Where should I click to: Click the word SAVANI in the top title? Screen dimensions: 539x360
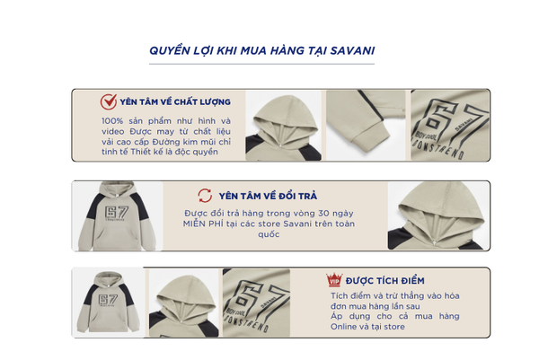[352, 51]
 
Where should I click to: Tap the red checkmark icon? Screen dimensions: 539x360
[109, 101]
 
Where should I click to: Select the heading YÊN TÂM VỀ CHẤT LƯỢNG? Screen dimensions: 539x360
[175, 102]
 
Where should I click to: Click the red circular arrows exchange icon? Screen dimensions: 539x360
[205, 196]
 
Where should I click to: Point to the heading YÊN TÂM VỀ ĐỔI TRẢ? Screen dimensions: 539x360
[268, 196]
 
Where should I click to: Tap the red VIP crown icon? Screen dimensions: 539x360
[334, 280]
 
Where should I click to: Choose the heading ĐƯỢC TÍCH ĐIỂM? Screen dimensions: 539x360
[385, 281]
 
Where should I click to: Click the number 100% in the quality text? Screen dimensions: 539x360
[112, 121]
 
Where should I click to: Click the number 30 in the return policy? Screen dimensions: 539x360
[323, 214]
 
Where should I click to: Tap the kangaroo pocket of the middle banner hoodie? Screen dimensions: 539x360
[117, 239]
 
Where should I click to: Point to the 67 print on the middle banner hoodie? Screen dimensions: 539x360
[117, 213]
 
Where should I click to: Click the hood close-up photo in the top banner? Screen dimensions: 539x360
[283, 126]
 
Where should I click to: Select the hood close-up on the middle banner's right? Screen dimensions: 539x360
[438, 215]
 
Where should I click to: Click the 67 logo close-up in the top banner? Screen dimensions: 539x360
[450, 126]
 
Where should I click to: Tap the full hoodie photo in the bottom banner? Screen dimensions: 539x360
[108, 303]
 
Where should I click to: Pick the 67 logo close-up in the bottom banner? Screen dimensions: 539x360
[256, 303]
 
